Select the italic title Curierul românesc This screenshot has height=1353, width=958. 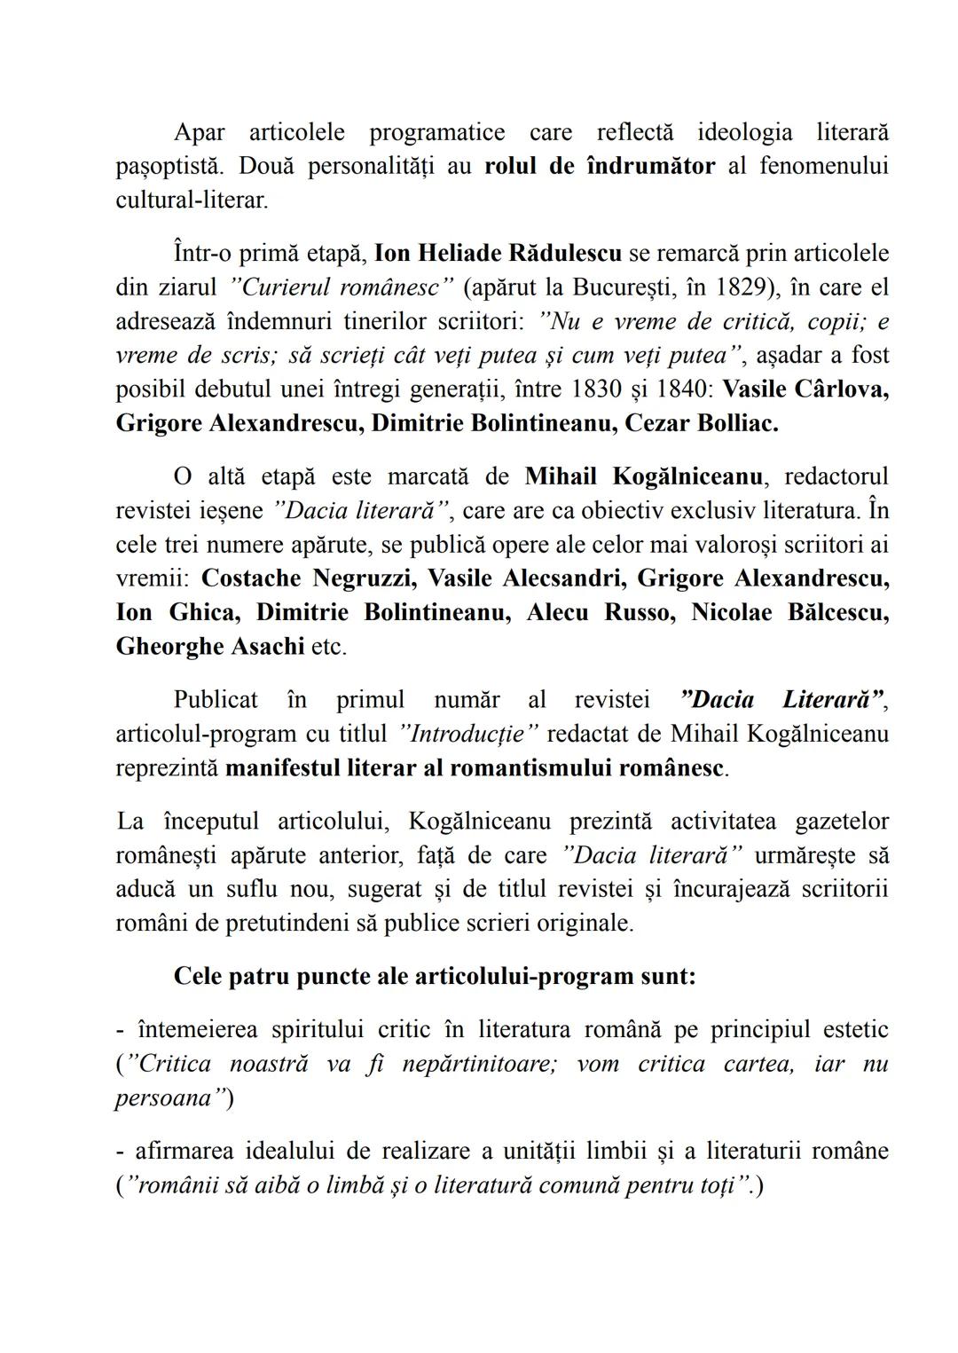click(x=342, y=287)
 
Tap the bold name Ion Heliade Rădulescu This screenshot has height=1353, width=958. click(x=498, y=254)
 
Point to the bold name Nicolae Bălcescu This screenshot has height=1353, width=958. click(x=789, y=612)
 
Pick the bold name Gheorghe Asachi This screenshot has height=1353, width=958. click(x=210, y=646)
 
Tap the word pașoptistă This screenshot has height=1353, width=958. click(x=171, y=166)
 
